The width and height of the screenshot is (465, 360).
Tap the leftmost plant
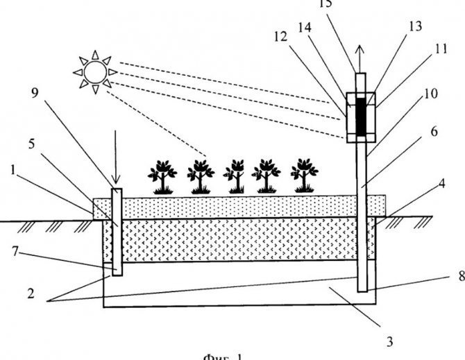pos(162,175)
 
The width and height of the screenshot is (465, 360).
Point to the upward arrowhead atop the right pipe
pos(360,51)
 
